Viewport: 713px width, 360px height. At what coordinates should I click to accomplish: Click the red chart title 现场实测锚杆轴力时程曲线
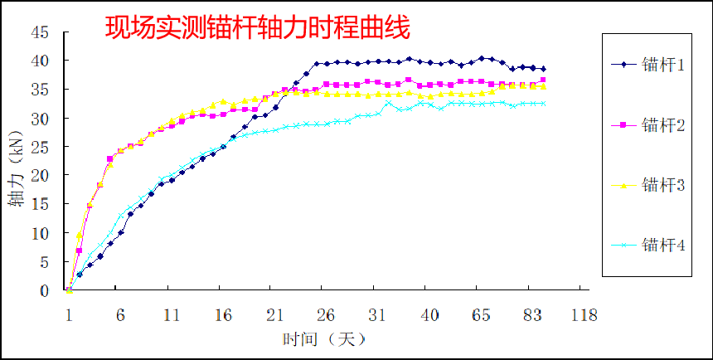[257, 29]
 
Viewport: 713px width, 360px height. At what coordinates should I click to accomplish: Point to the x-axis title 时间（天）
[323, 339]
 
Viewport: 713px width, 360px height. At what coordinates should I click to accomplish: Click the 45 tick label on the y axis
[39, 32]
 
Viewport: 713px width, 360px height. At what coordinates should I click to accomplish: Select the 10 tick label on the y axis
[39, 233]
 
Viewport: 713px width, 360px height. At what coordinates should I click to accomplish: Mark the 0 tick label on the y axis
[43, 290]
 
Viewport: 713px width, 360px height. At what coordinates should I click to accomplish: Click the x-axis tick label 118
[584, 315]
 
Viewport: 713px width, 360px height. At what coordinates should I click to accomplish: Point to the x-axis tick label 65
[481, 315]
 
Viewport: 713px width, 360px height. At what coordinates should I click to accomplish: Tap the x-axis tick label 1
[69, 315]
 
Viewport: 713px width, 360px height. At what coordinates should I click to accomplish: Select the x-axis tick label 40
[429, 315]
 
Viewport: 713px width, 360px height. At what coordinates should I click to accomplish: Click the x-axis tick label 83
[532, 315]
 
